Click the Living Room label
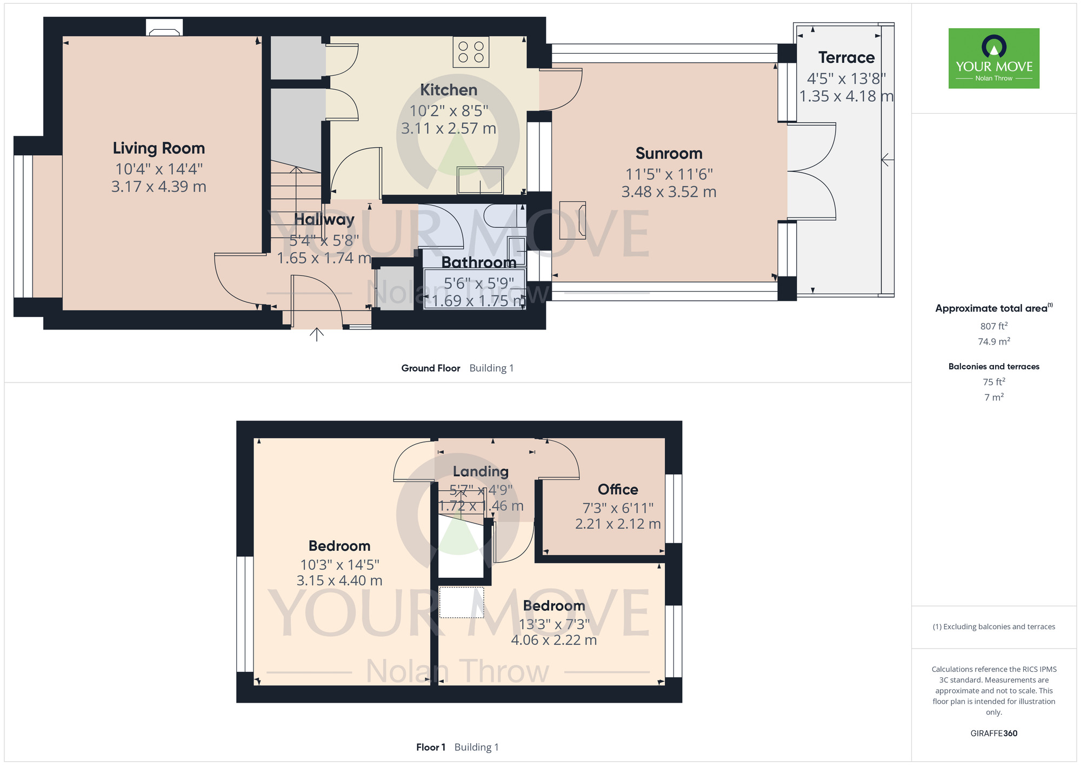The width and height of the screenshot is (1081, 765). (x=159, y=148)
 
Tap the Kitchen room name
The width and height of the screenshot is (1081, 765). (x=449, y=90)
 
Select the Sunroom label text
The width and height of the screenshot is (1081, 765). (x=669, y=154)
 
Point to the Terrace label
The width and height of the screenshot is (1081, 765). (x=846, y=57)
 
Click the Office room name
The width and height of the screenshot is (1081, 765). (x=618, y=490)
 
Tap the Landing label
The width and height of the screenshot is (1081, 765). (x=481, y=471)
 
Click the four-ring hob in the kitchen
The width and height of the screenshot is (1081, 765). (x=471, y=52)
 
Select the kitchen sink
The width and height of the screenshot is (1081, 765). (x=480, y=180)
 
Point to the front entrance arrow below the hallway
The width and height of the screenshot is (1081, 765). (x=317, y=334)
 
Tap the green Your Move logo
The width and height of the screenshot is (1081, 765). (x=994, y=58)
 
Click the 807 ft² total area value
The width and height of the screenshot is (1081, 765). (x=994, y=326)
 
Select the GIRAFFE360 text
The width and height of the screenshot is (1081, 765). (x=994, y=734)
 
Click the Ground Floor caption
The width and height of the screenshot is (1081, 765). (x=431, y=368)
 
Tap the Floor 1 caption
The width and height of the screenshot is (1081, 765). (x=431, y=747)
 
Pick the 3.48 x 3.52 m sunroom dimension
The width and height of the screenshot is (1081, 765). (x=669, y=192)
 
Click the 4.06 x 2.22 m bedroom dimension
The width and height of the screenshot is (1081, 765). (x=554, y=640)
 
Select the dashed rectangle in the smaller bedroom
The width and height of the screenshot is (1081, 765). (x=462, y=602)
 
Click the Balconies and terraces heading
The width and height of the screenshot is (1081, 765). (x=994, y=366)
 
